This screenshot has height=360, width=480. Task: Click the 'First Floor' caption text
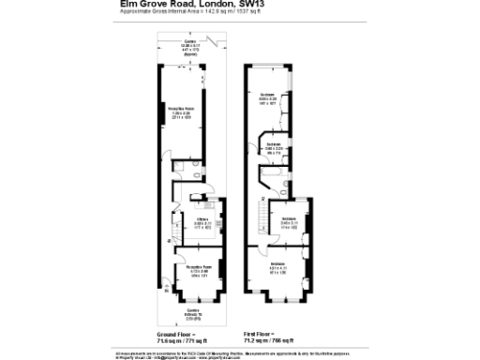[265, 333]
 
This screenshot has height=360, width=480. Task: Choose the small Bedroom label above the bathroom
[273, 145]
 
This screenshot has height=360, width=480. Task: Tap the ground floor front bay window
[194, 298]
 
